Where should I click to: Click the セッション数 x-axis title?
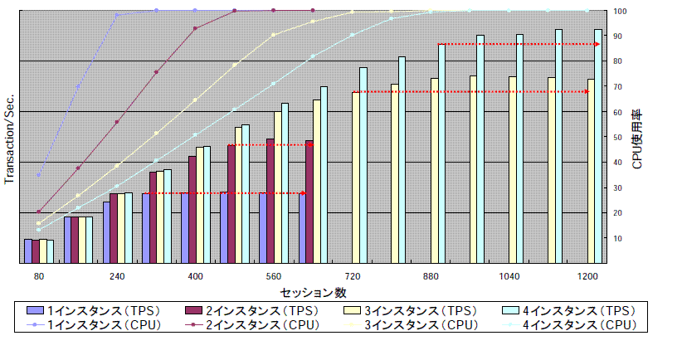313,293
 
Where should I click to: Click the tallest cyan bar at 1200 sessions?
598,149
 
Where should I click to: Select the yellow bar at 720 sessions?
356,178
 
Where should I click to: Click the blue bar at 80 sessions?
28,251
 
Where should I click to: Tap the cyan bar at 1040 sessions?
520,149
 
